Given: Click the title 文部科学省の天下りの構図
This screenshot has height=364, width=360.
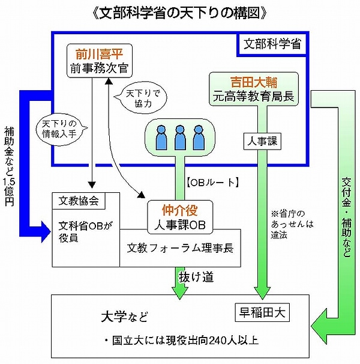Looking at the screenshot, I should click(x=181, y=12).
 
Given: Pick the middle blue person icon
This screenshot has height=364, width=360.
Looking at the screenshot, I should click(x=179, y=137).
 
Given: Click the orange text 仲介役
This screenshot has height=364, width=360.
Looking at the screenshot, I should click(x=180, y=210).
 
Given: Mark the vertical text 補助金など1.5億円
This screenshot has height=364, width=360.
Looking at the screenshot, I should click(x=10, y=166).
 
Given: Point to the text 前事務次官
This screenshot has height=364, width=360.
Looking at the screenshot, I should click(x=98, y=67).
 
